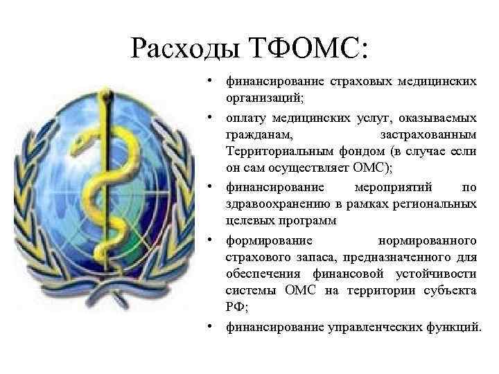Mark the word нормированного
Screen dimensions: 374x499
(x=426, y=240)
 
